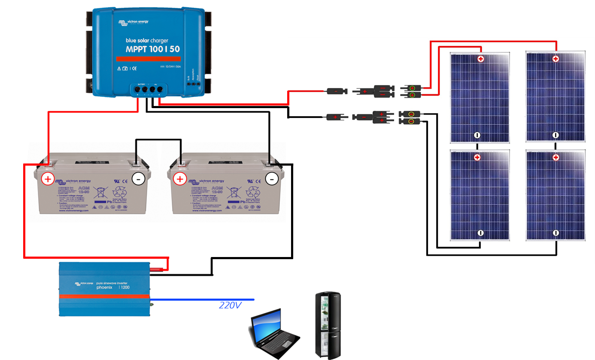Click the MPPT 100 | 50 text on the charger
(x=152, y=49)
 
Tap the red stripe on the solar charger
(x=148, y=60)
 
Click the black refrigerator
(x=328, y=324)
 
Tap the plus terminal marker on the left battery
(x=48, y=179)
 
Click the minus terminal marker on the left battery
(x=138, y=179)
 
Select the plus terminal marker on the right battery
(x=180, y=179)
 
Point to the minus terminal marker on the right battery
(x=271, y=178)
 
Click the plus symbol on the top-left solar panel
(x=481, y=59)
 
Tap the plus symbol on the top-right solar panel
(x=556, y=59)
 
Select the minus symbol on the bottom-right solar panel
(x=556, y=233)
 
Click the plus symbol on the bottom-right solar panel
(x=556, y=158)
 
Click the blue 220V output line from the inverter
(x=202, y=299)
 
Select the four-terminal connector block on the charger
(x=148, y=89)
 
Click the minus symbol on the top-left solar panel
(x=477, y=135)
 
